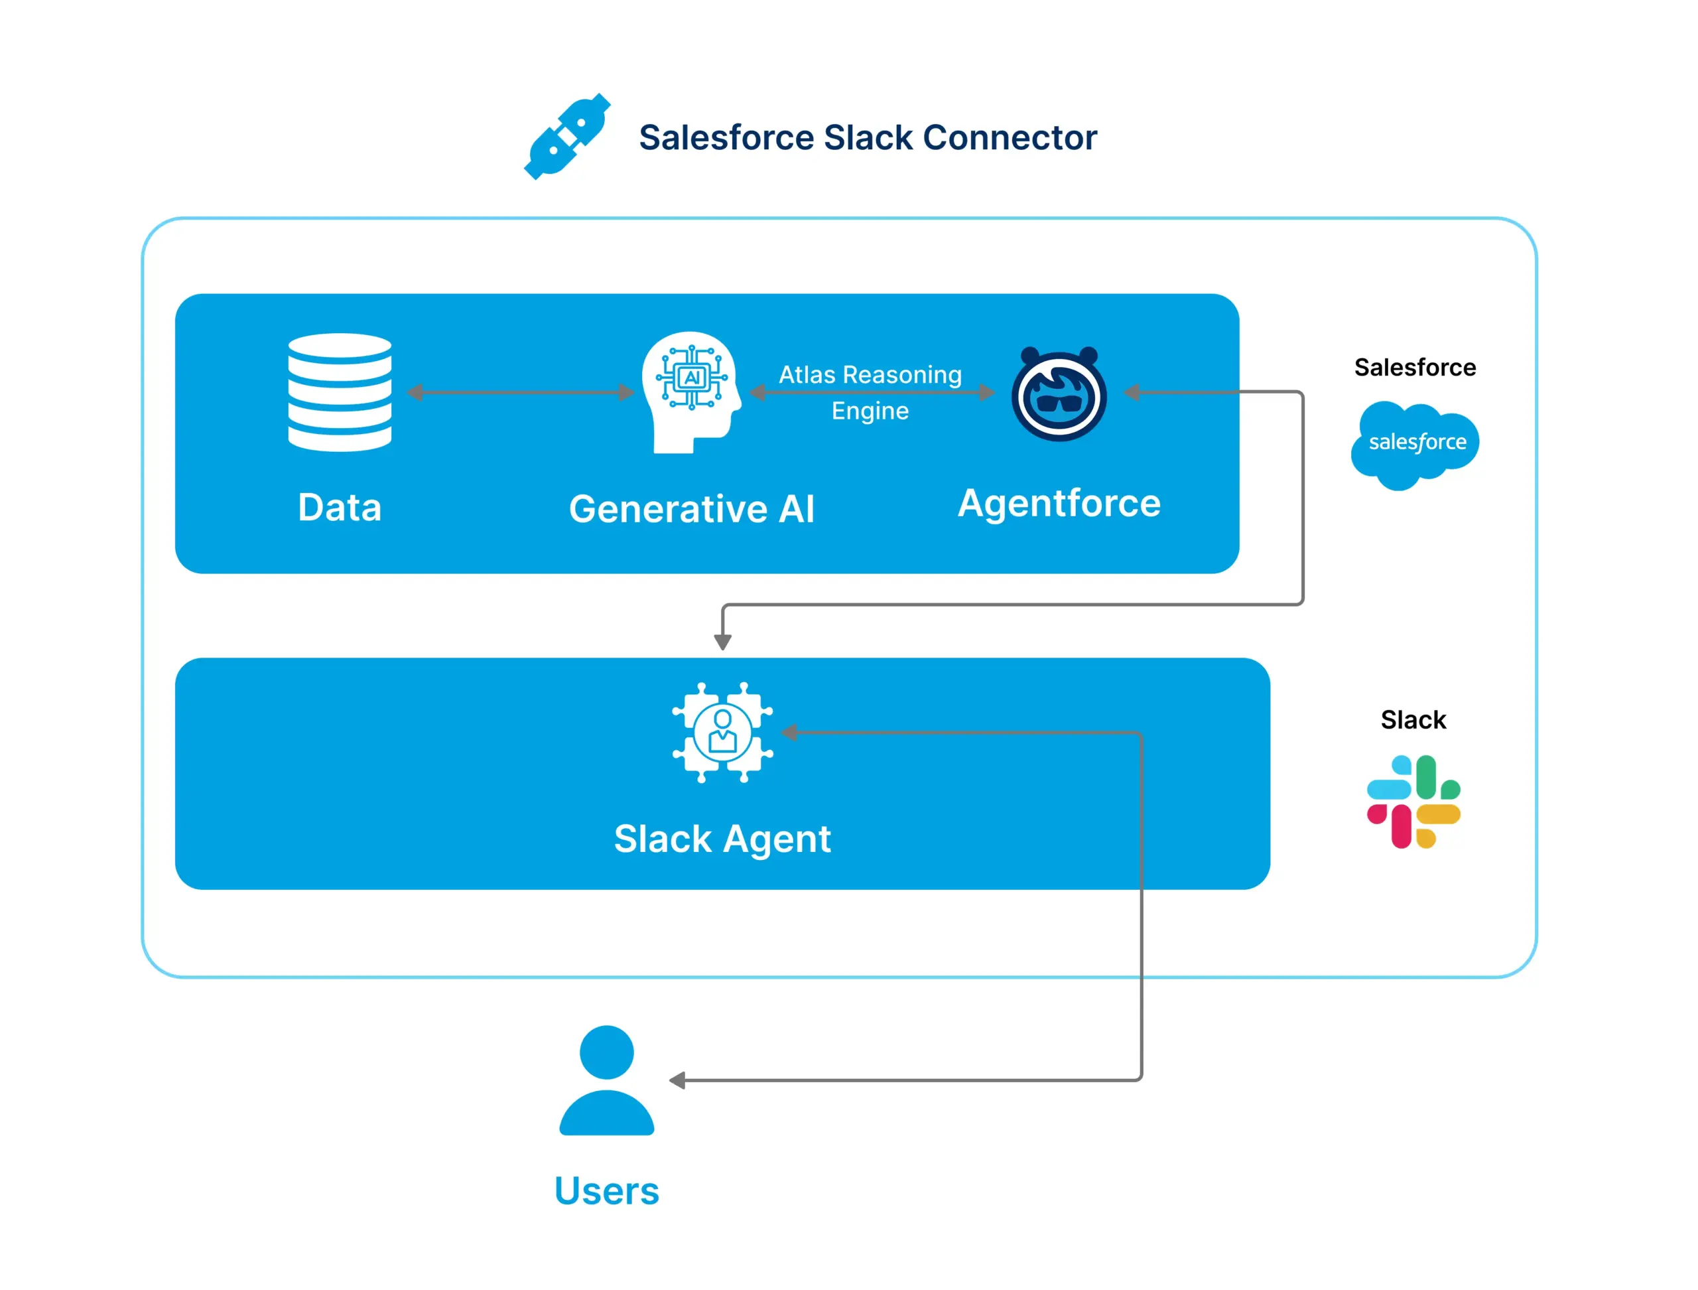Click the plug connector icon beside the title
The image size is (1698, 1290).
click(566, 137)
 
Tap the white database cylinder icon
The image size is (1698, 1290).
click(340, 392)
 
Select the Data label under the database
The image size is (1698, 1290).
click(340, 508)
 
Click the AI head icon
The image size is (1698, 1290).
click(691, 392)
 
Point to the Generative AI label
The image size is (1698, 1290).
click(691, 509)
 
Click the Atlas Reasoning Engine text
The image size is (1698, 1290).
click(870, 392)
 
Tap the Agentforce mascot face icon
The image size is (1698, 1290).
click(1059, 394)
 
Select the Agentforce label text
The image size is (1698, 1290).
click(1059, 504)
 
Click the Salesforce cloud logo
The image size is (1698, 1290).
click(1415, 444)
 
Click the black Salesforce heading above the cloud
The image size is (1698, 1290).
click(1415, 368)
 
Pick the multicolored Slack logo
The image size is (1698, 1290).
click(1413, 802)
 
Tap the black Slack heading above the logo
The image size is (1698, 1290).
click(1413, 720)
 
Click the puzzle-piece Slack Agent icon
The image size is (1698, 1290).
click(722, 732)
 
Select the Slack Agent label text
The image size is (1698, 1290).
click(722, 839)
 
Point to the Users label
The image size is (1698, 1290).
click(606, 1191)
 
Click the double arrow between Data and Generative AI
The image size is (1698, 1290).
click(521, 392)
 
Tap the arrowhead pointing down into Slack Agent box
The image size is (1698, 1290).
click(722, 642)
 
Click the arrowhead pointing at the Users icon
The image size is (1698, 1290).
click(677, 1080)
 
